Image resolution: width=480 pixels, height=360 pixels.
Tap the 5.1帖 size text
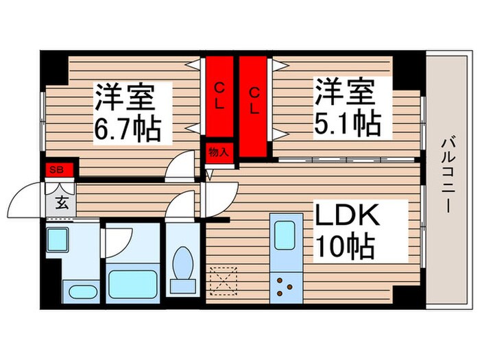(348, 123)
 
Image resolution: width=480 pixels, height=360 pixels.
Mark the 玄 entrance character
(61, 203)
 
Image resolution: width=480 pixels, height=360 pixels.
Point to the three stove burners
(284, 283)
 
